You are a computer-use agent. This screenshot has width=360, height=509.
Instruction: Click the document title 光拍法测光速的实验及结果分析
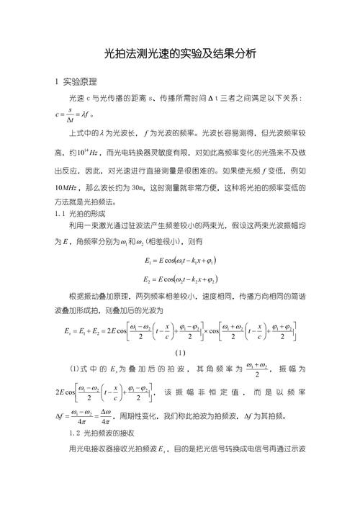[180, 54]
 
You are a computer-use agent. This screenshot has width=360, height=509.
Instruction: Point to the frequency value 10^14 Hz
[96, 152]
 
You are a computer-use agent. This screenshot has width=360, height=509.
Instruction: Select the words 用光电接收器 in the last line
[86, 450]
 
